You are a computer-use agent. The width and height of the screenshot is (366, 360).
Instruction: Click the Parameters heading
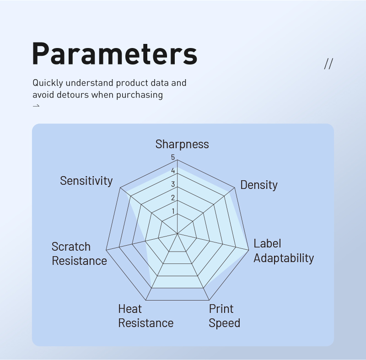coord(115,54)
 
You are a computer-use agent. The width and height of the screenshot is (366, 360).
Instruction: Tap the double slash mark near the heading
coord(328,64)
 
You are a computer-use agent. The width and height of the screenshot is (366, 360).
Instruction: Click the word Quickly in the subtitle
coord(48,83)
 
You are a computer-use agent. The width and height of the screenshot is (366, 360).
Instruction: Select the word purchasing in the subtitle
coord(140,95)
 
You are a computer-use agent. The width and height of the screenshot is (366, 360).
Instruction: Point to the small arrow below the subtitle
coord(36,106)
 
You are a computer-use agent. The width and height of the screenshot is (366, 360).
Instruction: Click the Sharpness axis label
coord(182,145)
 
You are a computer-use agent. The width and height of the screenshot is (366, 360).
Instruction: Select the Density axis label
coord(259,185)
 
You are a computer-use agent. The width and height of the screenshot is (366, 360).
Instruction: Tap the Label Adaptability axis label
coord(284,251)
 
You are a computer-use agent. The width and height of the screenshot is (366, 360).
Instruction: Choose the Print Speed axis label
coord(224,316)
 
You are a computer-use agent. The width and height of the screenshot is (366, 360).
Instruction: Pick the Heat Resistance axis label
coord(145,316)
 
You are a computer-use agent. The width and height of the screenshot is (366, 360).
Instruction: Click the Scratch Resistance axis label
coord(79,253)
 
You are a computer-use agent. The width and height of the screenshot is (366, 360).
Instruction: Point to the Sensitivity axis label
coord(86,181)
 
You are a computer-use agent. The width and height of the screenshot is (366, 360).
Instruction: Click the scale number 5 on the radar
coord(173,157)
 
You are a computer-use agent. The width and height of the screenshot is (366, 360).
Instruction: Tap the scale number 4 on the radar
coord(173,171)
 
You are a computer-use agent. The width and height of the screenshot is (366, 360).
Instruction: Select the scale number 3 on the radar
coord(173,184)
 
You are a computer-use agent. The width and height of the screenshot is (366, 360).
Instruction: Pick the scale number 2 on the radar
coord(173,198)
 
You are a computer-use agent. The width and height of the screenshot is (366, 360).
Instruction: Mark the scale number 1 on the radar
coord(173,211)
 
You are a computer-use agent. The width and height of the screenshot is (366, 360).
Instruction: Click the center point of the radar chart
coord(178,233)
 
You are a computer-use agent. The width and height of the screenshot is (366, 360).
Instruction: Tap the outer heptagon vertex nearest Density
coord(235,188)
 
